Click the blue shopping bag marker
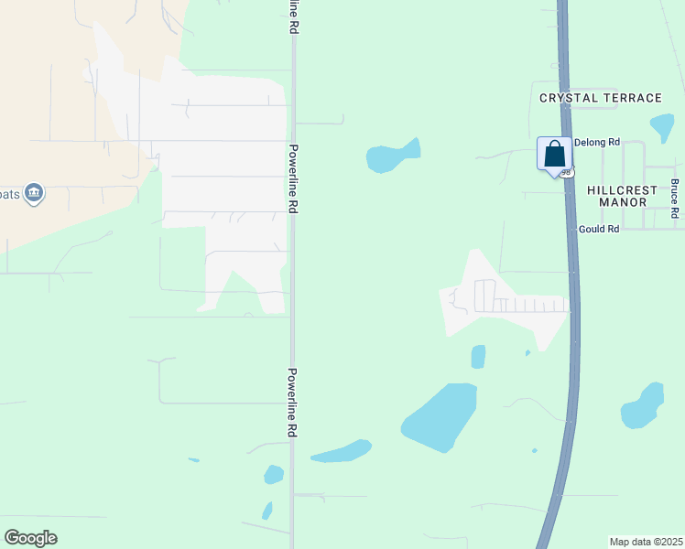click(x=554, y=153)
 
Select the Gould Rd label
click(x=599, y=229)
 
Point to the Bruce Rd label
click(x=674, y=198)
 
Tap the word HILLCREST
click(x=622, y=190)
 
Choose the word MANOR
click(x=623, y=202)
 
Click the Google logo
click(x=30, y=538)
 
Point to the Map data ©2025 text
click(x=645, y=542)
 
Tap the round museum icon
click(x=34, y=194)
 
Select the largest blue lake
click(x=440, y=416)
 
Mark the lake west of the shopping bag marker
click(x=393, y=156)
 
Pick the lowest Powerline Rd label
click(x=292, y=403)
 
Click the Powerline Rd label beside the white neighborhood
click(x=293, y=178)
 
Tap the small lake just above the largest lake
click(x=478, y=356)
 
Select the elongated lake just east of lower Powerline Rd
click(x=341, y=451)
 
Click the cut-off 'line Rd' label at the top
click(x=293, y=17)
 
